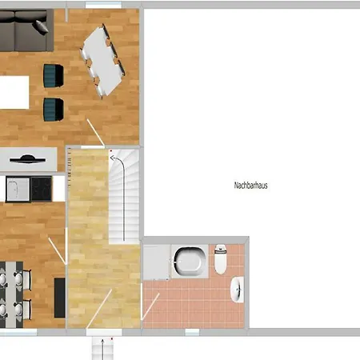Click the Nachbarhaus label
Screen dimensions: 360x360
250,186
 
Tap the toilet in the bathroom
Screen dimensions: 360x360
221,259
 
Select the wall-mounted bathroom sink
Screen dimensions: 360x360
238,290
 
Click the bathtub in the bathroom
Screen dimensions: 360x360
190,262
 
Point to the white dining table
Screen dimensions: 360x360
103,62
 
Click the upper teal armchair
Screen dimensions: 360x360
54,76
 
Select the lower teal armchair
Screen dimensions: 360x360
54,110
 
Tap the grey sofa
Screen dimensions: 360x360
26,30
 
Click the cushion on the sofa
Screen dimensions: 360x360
41,27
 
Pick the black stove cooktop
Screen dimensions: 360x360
41,189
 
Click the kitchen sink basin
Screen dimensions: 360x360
18,190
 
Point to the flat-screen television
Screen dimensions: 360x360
27,159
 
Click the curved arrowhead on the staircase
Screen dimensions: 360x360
113,158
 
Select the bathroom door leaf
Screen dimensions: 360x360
150,306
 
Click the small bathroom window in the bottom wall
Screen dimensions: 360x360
192,332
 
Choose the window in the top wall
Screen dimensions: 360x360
103,5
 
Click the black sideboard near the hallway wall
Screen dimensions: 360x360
60,298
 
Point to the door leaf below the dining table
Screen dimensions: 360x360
95,132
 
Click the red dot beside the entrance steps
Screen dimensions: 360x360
112,338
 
